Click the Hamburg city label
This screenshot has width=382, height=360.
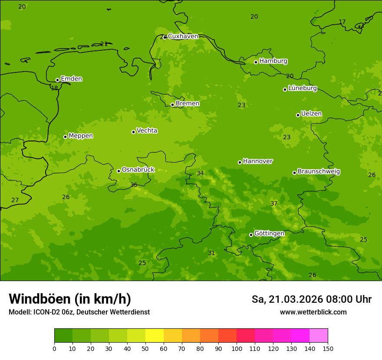point(273,61)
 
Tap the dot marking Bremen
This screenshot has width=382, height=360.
point(172,105)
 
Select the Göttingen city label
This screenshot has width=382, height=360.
point(269,234)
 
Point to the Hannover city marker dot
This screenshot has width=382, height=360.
point(240,162)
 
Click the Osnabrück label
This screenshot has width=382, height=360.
point(138,170)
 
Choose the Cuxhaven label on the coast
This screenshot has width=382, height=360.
point(183,36)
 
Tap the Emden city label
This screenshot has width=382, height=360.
point(71,79)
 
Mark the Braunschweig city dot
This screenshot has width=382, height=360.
point(294,173)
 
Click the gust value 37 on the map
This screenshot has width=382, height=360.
point(274,203)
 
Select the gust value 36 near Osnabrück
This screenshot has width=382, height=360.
point(134,185)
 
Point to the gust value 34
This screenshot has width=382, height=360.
point(200,173)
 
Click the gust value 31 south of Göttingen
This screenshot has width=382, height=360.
point(211,253)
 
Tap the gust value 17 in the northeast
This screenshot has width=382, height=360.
point(342,22)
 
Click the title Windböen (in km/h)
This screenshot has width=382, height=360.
point(70,299)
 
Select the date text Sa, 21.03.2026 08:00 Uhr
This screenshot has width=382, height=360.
point(311,299)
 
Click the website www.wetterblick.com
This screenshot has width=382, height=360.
point(313,312)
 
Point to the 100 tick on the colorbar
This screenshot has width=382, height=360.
point(237,348)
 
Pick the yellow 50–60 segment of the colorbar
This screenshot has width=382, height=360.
point(155,336)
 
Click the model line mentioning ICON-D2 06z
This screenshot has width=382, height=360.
point(79,312)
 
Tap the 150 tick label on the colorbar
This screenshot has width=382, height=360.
point(328,348)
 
